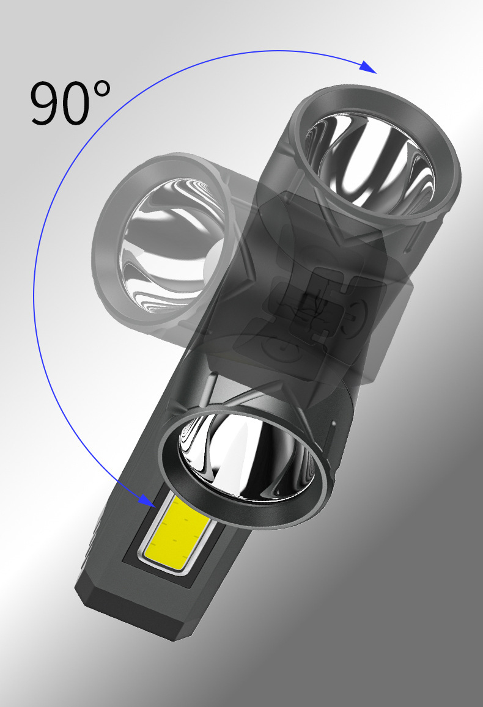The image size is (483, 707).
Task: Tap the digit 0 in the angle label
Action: [79, 103]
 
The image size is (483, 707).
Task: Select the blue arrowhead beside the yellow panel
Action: [147, 500]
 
